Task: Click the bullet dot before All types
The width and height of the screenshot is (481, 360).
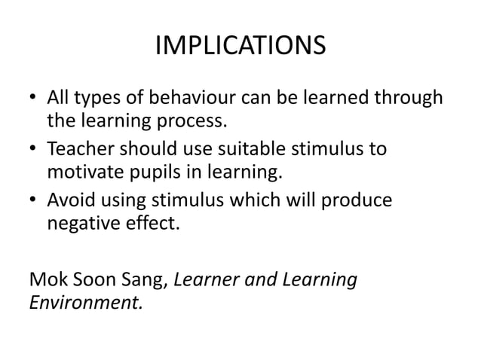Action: click(x=33, y=99)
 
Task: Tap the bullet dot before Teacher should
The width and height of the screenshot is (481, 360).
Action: click(x=33, y=149)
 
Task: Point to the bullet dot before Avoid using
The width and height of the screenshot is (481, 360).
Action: click(x=33, y=199)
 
